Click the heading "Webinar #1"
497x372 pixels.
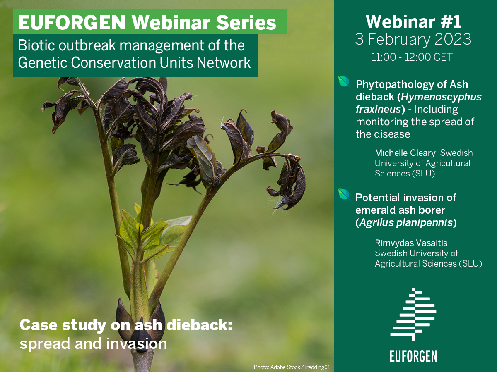tap(413, 21)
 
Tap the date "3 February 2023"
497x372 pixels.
tap(413, 39)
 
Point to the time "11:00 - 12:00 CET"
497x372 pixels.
tap(412, 57)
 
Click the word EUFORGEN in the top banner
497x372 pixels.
tap(72, 22)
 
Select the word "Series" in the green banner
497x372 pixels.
tap(246, 22)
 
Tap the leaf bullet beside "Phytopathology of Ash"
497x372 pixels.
tap(344, 82)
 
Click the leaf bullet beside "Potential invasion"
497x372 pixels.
tap(344, 195)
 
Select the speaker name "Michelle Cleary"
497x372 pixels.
tap(405, 153)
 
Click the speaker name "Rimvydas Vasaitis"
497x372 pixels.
tap(412, 243)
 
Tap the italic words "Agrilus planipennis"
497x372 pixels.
tap(406, 223)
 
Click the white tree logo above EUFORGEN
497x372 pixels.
tap(413, 315)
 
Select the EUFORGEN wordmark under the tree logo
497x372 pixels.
tap(413, 356)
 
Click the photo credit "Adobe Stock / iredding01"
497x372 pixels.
tap(300, 367)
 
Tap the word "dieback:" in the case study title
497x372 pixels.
tap(200, 325)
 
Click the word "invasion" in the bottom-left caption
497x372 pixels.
tap(137, 344)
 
